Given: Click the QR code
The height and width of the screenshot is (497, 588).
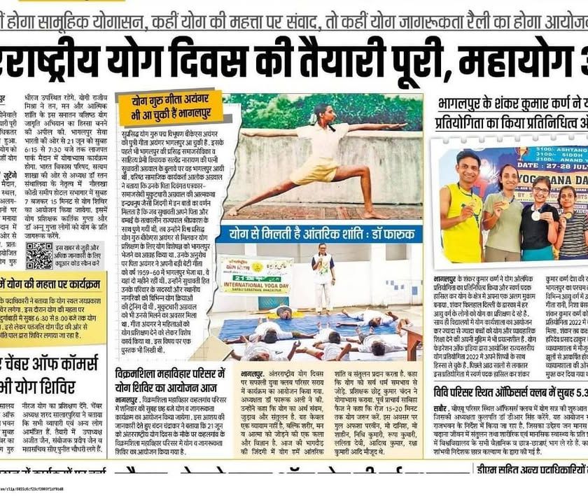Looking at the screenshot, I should coord(38,256).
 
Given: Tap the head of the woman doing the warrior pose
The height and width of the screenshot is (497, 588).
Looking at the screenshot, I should coord(330,112).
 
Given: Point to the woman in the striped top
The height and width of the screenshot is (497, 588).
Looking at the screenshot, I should coord(570,224).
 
